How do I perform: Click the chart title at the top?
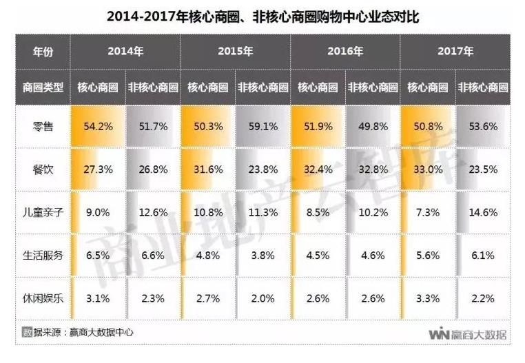[x=262, y=16]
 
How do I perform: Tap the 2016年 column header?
[x=345, y=52]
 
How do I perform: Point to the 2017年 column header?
[x=455, y=52]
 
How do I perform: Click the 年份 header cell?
[x=43, y=52]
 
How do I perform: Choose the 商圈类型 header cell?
[x=43, y=87]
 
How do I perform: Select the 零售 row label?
[x=43, y=127]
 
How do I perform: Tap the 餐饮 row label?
[x=43, y=169]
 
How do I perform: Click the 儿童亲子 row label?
[x=43, y=213]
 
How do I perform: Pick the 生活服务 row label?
[x=43, y=256]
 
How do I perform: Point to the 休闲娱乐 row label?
[x=43, y=298]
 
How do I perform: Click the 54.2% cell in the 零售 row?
[x=98, y=127]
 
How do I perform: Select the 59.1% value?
[x=262, y=127]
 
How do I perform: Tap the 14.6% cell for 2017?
[x=483, y=213]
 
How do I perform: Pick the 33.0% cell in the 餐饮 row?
[x=428, y=169]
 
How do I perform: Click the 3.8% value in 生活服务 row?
[x=262, y=256]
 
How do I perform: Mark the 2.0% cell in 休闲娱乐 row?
[x=262, y=298]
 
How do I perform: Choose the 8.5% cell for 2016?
[x=318, y=213]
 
